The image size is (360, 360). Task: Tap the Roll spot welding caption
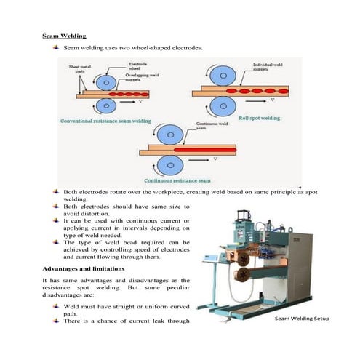coord(259,117)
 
